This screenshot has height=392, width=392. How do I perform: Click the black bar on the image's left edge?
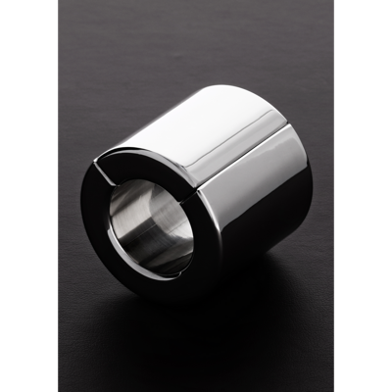tap(29, 196)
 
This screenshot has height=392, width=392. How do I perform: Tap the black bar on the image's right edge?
tap(364, 196)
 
